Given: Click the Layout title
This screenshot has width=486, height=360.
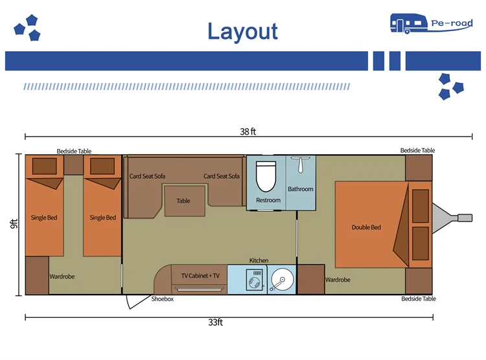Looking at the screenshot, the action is coord(242,32).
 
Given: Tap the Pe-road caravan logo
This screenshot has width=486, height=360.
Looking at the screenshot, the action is coord(432,23).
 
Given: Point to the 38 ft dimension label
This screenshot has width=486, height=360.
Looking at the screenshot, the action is coord(248,131).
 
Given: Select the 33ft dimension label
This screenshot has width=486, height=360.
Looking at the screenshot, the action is coord(215,322).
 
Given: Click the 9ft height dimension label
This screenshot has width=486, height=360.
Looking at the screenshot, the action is coord(14,223).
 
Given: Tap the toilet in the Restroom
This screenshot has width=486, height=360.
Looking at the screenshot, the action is coord(266,176).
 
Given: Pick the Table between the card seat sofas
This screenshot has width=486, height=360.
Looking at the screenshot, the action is coord(185,201).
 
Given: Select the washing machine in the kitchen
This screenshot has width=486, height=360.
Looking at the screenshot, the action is coord(255,280).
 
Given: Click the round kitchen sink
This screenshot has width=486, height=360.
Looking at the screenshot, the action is coord(282,280).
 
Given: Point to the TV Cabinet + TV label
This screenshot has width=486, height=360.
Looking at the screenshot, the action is coord(200,275).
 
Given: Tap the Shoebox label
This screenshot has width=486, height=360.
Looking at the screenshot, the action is coord(163,299).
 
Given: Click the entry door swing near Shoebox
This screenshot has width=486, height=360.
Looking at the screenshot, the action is coord(137,302).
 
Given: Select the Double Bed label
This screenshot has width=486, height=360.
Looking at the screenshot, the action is coord(366,227).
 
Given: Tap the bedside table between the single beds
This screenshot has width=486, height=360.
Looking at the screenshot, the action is coord(73,165).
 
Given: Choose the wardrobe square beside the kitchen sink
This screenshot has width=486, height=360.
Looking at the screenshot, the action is coord(311,280).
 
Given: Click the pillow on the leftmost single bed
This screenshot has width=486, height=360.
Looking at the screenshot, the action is coord(44,166).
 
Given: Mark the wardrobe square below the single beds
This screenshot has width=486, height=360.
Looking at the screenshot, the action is coord(37,275).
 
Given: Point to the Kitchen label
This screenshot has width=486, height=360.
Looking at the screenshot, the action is coord(259,260).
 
